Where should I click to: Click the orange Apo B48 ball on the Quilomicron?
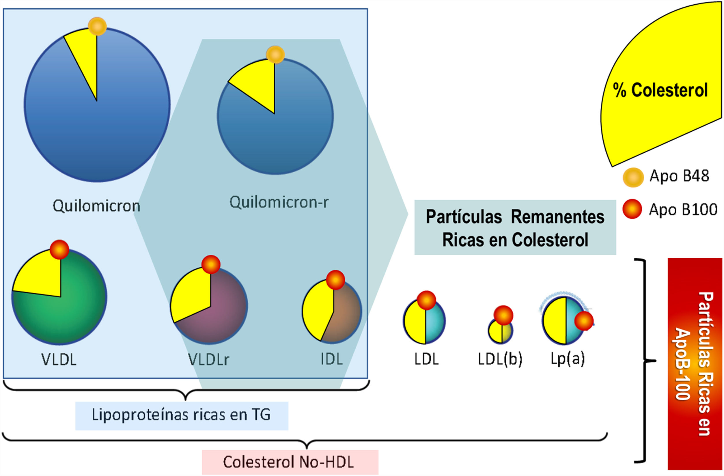point(97,27)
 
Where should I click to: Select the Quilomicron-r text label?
point(279,202)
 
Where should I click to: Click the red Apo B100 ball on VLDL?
point(59,249)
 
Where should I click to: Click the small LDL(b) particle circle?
point(500,332)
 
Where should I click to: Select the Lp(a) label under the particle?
point(568,359)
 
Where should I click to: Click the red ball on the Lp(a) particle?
point(584,321)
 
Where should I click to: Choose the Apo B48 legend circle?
point(633,177)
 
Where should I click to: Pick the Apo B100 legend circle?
point(632,209)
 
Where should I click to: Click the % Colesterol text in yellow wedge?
point(660,90)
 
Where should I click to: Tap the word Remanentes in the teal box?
point(557,217)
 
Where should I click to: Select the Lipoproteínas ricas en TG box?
point(182,415)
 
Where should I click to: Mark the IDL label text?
point(332,359)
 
